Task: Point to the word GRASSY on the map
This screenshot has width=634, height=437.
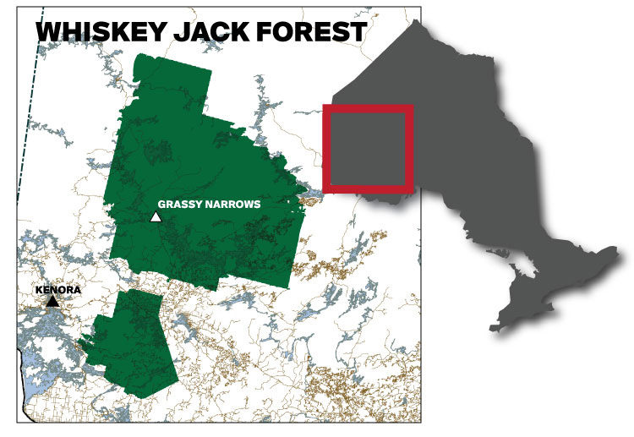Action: [x=183, y=205]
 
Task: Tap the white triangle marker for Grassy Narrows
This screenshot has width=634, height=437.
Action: [x=156, y=217]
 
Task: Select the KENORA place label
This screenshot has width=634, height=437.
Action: [x=57, y=289]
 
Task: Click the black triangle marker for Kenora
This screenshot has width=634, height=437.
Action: [x=52, y=301]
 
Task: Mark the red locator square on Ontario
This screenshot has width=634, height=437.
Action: [x=369, y=150]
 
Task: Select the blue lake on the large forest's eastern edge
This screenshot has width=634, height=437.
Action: [x=311, y=196]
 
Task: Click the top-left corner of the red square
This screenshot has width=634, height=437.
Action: [x=326, y=108]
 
